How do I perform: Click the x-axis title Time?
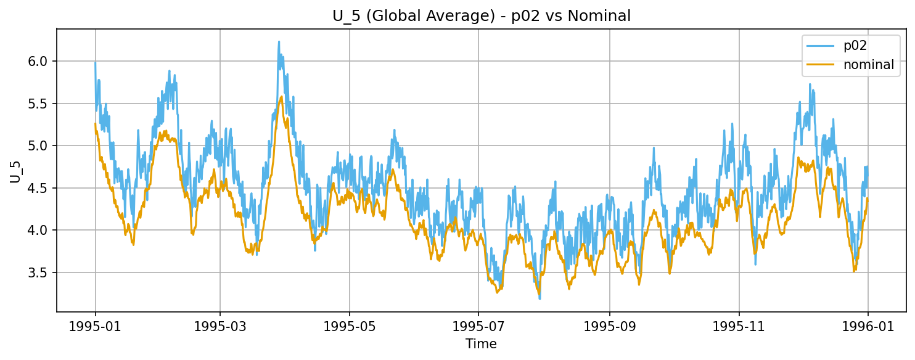point(481,344)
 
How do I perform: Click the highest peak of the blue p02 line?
point(279,42)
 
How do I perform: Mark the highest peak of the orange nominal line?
point(281,96)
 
